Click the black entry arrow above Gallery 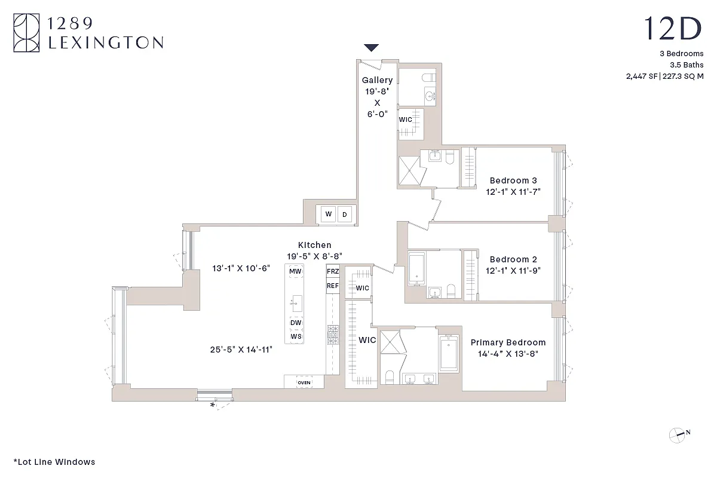point(372,48)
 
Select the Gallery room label point(377,80)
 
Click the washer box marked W point(328,215)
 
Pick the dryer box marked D point(344,215)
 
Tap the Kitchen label point(314,245)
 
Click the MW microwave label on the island point(295,271)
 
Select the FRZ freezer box point(333,271)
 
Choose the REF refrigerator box point(333,286)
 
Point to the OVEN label point(304,382)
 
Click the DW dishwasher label point(296,323)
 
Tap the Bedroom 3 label point(513,180)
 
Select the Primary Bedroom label point(508,342)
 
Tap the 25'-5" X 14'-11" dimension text point(241,350)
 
